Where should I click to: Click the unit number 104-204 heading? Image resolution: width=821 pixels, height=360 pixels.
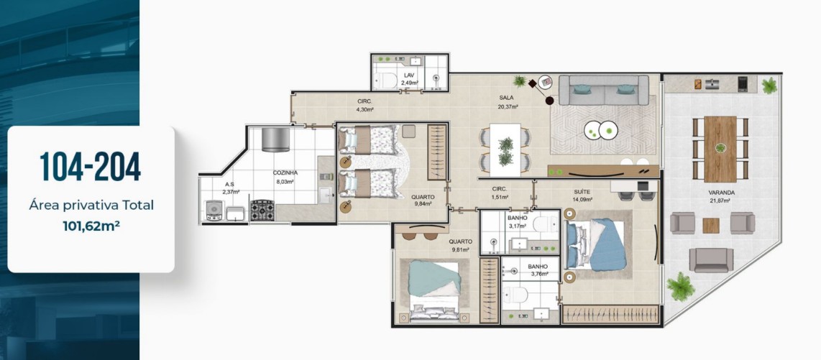point(91,167)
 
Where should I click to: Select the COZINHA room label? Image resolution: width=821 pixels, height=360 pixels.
point(285,172)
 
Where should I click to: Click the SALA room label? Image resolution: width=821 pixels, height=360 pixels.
point(506,97)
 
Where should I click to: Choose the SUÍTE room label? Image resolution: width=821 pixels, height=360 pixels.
point(582,192)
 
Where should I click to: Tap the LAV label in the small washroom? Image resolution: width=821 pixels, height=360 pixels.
point(409,75)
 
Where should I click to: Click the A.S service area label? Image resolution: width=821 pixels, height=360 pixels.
point(229,184)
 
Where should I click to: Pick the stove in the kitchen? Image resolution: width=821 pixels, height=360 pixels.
point(262,211)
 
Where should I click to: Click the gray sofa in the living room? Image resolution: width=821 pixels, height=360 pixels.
point(604,90)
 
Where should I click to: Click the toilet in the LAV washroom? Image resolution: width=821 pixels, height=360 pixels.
point(385,81)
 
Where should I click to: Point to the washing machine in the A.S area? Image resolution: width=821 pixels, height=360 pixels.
point(214,211)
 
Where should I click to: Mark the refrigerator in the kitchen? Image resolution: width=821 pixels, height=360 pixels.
point(276,139)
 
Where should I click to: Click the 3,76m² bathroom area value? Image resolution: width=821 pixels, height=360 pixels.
point(539,274)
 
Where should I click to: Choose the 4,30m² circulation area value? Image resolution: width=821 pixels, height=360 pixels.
point(364,109)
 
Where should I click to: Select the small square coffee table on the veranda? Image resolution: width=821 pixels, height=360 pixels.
point(710,226)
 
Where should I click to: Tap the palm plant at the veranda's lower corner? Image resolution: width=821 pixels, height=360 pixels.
point(681,286)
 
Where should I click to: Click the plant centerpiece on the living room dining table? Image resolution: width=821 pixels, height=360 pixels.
point(506,150)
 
